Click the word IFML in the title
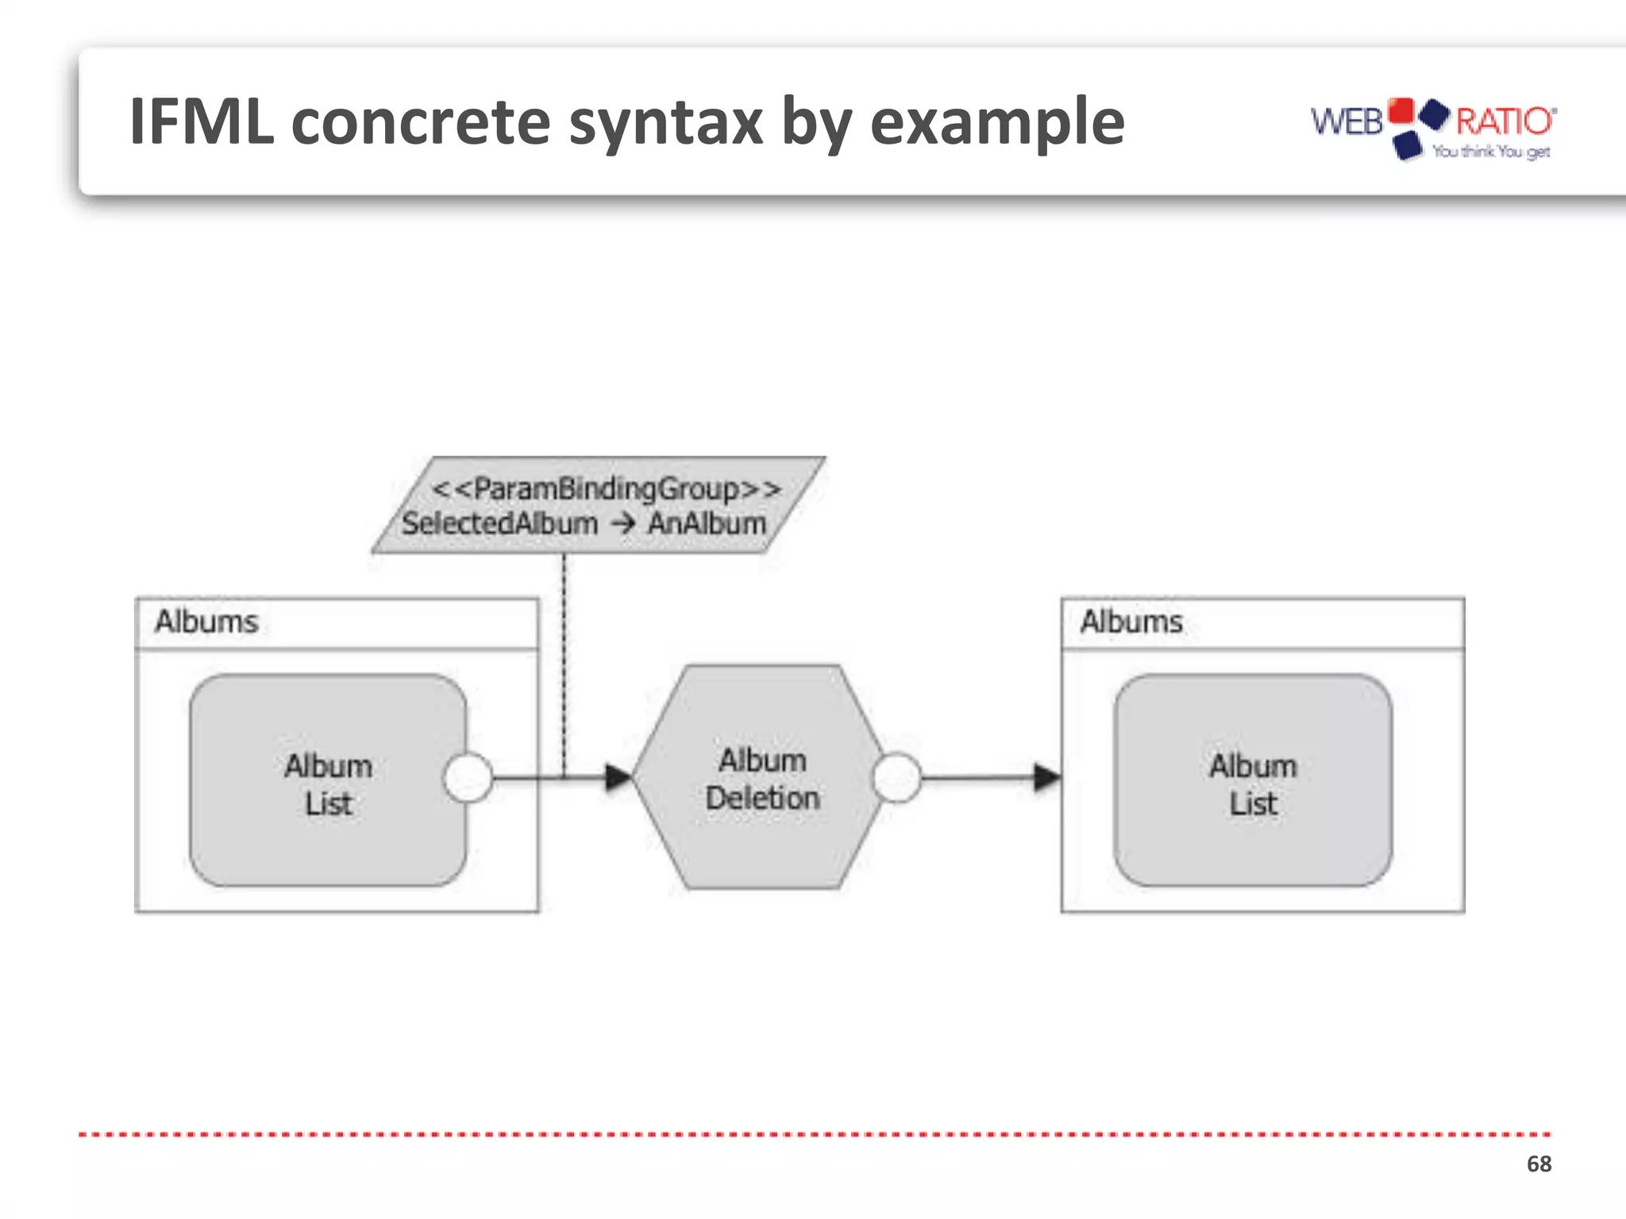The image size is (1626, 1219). pyautogui.click(x=202, y=122)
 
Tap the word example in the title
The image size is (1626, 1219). pyautogui.click(x=997, y=122)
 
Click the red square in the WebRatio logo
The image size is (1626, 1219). pyautogui.click(x=1401, y=111)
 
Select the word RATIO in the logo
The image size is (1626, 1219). pyautogui.click(x=1504, y=121)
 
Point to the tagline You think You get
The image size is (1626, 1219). pyautogui.click(x=1491, y=152)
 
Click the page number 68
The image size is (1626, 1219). pyautogui.click(x=1539, y=1164)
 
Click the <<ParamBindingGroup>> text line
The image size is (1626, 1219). pyautogui.click(x=606, y=488)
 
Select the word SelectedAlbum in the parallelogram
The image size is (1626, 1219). pyautogui.click(x=499, y=524)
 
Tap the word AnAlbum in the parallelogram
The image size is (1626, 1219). pyautogui.click(x=707, y=524)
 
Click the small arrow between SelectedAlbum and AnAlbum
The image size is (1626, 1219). pyautogui.click(x=623, y=524)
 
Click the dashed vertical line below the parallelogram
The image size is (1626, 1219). pyautogui.click(x=564, y=659)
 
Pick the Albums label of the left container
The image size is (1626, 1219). pyautogui.click(x=206, y=621)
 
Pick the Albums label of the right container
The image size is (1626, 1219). pyautogui.click(x=1131, y=621)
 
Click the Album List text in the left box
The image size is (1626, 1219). pyautogui.click(x=328, y=784)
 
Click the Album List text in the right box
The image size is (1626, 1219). pyautogui.click(x=1253, y=784)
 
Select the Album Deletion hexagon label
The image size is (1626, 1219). pyautogui.click(x=762, y=779)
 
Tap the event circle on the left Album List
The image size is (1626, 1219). pyautogui.click(x=468, y=778)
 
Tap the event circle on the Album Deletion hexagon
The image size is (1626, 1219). pyautogui.click(x=896, y=778)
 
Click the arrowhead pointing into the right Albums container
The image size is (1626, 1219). pyautogui.click(x=1046, y=778)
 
